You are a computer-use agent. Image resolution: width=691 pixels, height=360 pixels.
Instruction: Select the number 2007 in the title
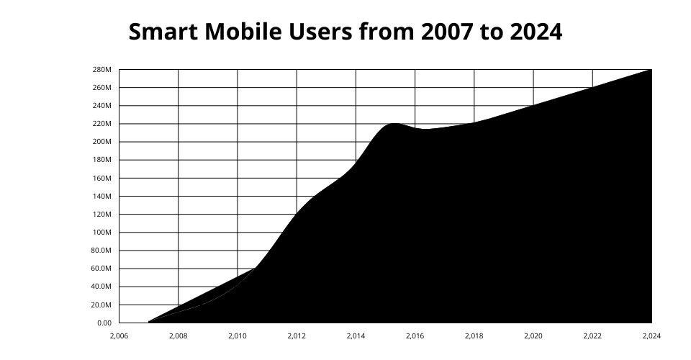pos(446,32)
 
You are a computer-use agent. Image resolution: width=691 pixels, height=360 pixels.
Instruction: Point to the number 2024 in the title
pos(536,32)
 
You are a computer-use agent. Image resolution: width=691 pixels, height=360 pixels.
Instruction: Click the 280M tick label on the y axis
pos(102,70)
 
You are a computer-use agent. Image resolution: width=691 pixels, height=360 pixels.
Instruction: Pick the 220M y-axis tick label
pos(102,124)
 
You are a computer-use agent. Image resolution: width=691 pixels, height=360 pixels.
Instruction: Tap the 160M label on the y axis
pos(102,178)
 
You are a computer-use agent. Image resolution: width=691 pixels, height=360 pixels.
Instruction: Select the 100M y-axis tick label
pos(102,233)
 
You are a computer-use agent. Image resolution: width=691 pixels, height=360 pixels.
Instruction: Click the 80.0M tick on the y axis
pos(101,251)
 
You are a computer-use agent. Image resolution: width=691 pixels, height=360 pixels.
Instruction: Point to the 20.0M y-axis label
pos(101,305)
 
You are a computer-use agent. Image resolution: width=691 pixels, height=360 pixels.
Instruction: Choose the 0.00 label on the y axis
pos(104,323)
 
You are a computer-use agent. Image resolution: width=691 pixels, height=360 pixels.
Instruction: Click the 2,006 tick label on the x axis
pos(119,336)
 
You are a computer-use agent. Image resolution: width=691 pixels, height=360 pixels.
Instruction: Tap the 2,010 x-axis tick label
pos(238,336)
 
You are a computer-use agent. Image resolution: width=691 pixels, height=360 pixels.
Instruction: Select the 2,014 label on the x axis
pos(356,336)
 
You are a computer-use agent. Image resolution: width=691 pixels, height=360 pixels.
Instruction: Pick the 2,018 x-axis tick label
pos(474,336)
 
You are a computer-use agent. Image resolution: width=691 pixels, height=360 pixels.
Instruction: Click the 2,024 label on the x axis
pos(651,336)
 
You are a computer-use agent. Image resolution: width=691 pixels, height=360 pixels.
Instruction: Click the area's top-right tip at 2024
pos(651,71)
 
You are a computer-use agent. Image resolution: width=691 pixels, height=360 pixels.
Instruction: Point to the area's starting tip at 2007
pos(149,321)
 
